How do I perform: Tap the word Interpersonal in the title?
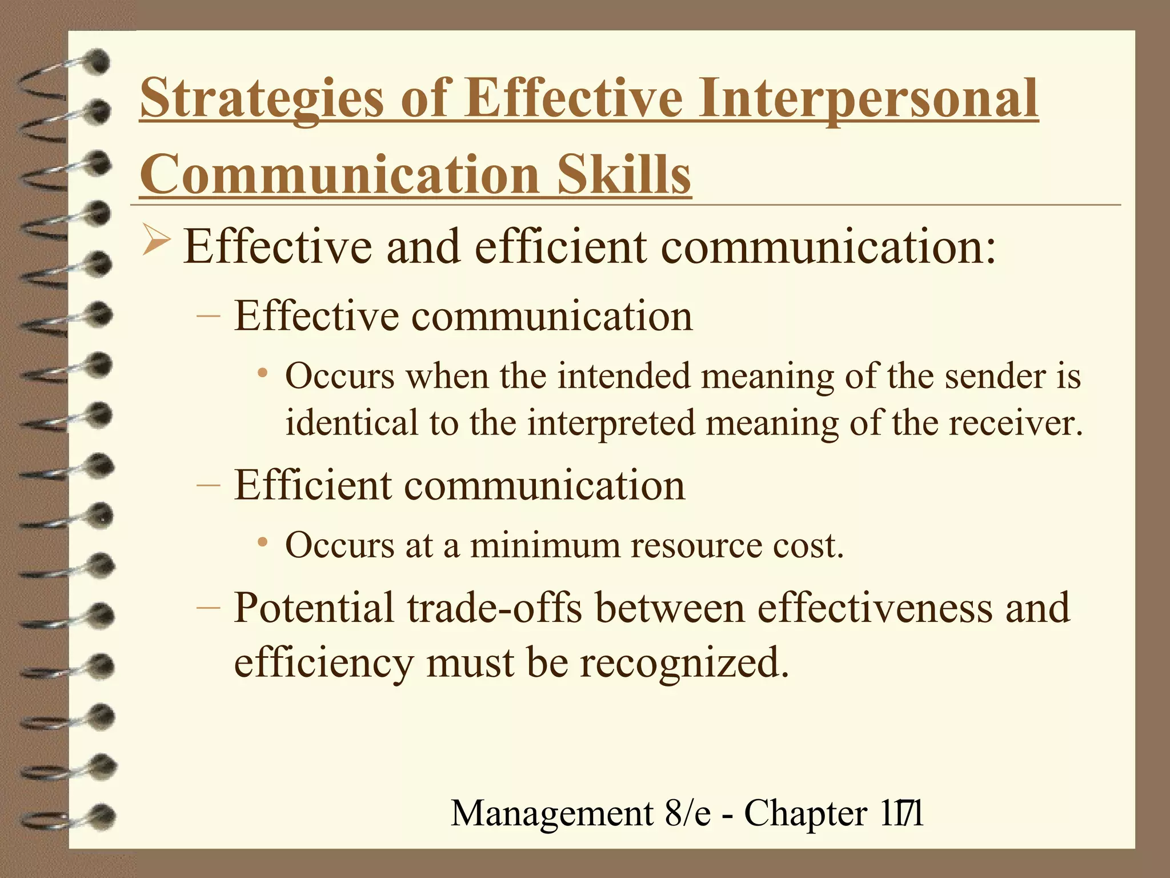867,100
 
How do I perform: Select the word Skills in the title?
624,174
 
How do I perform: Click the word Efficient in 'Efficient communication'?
312,485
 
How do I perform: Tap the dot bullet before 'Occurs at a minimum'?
263,542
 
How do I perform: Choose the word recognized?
684,663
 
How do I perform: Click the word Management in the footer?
552,813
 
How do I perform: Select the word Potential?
314,608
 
